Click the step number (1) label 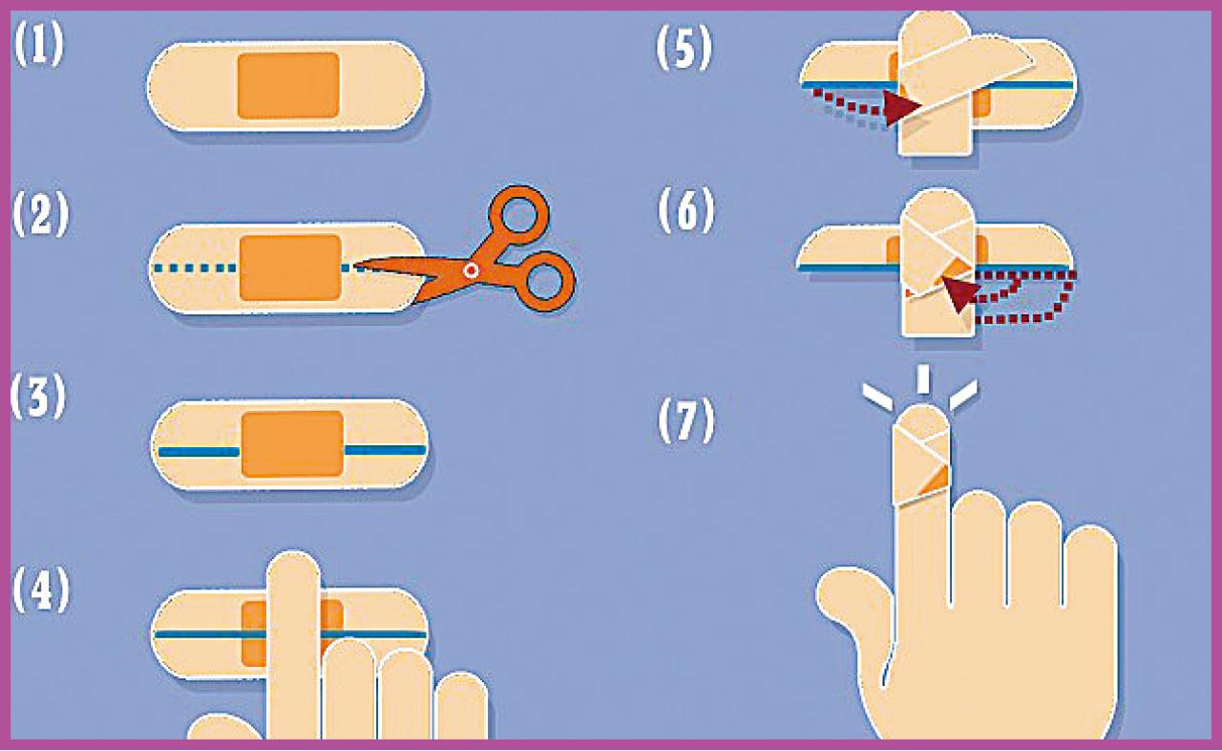click(39, 45)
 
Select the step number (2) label click(41, 214)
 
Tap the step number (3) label click(39, 397)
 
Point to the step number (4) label click(41, 590)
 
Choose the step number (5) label click(685, 48)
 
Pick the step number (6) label click(686, 210)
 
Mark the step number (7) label click(686, 420)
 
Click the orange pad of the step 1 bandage click(288, 86)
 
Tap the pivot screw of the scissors click(471, 270)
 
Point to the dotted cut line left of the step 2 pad click(195, 268)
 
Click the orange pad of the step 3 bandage click(292, 444)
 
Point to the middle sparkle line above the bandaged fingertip click(922, 378)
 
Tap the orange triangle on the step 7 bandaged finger click(935, 481)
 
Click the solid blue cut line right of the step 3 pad click(386, 450)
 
